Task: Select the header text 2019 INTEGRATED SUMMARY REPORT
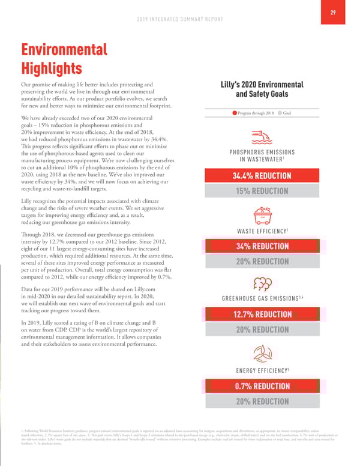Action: pyautogui.click(x=179, y=19)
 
